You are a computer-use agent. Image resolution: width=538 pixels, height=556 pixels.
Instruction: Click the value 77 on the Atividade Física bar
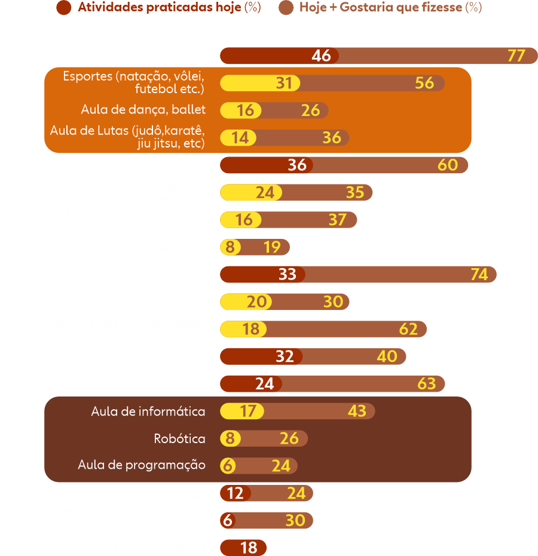[x=516, y=56]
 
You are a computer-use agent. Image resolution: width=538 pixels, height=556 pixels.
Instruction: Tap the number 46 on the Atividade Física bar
[x=321, y=56]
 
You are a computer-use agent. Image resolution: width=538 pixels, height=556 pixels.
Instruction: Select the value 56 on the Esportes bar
[x=424, y=82]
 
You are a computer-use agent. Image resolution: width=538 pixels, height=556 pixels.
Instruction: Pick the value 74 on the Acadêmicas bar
[x=479, y=274]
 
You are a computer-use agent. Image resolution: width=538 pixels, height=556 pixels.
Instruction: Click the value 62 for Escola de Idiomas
[x=408, y=328]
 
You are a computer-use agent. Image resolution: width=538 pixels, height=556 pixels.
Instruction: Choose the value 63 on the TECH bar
[x=427, y=383]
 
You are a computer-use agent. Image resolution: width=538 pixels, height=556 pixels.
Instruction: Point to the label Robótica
[x=179, y=438]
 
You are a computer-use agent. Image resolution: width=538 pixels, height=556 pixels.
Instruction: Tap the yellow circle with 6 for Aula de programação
[x=227, y=465]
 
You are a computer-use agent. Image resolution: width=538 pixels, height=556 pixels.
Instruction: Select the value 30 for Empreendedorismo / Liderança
[x=295, y=520]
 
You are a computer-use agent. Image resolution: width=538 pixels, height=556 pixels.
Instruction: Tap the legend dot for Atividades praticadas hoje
[x=63, y=8]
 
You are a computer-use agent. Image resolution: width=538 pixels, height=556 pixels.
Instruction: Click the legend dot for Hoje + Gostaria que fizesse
[x=286, y=8]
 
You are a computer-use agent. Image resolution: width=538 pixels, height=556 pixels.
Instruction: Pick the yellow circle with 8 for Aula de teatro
[x=230, y=247]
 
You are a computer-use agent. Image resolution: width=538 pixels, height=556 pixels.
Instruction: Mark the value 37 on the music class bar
[x=337, y=220]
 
